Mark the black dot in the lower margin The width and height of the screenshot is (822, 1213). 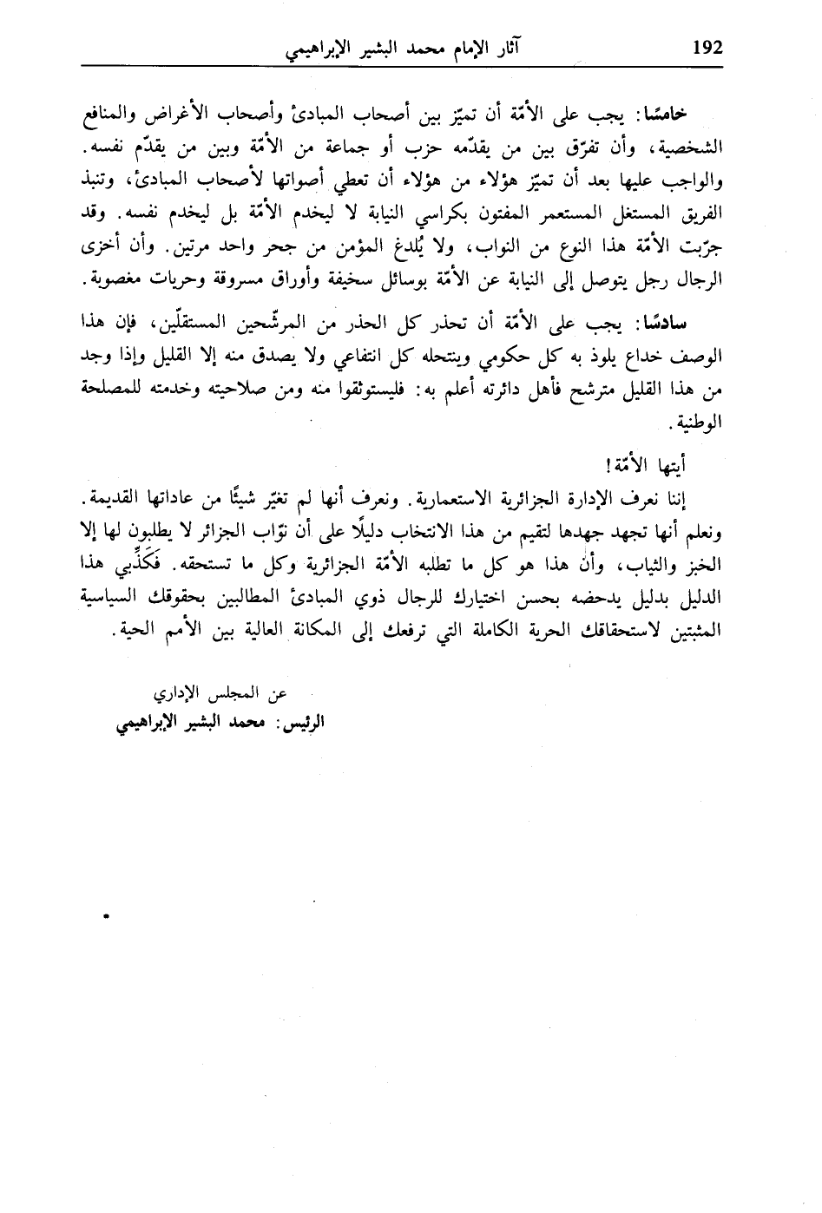pos(106,914)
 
